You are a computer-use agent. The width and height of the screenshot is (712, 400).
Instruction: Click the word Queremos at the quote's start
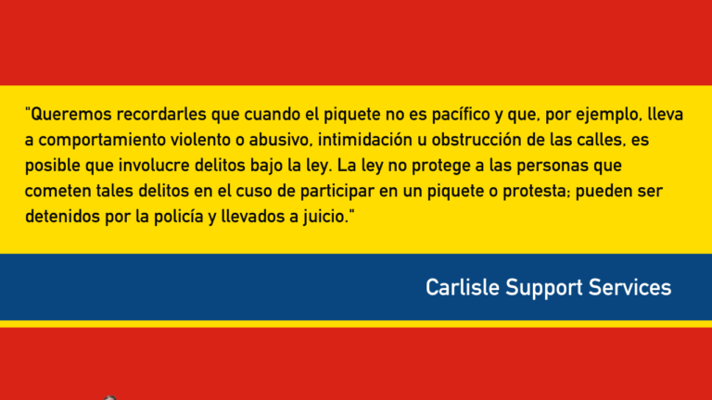pos(71,114)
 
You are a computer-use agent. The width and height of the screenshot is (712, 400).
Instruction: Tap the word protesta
pos(536,192)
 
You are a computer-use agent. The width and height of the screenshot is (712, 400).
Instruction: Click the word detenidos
pos(63,217)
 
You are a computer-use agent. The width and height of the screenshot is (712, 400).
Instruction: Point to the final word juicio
pos(328,217)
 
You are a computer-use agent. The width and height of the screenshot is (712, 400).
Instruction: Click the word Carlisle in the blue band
pos(463,288)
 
